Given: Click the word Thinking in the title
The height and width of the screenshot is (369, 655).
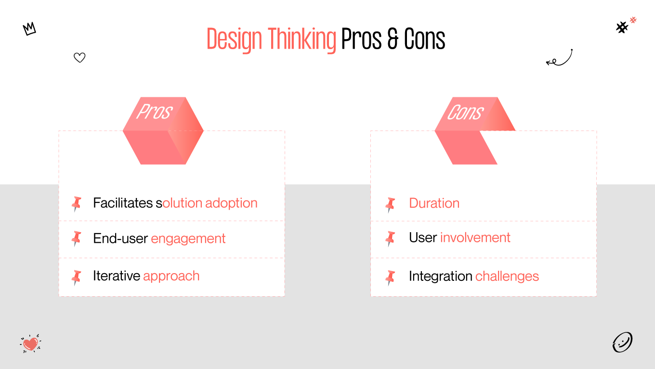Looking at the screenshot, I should coord(302,40).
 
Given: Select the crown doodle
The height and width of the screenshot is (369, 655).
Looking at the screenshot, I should coord(29,29).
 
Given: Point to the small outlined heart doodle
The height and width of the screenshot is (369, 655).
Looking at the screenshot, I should coord(79,58).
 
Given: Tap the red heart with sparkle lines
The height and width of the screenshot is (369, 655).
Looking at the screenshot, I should coord(31,343).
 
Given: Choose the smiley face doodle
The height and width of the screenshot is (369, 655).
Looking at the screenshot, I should coord(622,343).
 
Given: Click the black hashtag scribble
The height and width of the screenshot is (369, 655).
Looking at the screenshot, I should coord(622,27).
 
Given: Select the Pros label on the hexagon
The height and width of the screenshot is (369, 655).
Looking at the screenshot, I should coord(154,112).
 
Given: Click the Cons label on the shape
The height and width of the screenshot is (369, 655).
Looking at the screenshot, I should coord(465,113).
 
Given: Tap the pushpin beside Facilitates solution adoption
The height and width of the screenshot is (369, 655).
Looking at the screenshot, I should coord(76,204).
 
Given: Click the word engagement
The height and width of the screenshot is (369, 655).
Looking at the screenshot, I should coord(188,238).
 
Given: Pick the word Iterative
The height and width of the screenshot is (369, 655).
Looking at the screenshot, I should coord(117,276).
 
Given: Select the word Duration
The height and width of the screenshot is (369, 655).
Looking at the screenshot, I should coord(434,203).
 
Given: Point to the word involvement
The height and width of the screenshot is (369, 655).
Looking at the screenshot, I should coord(475,237).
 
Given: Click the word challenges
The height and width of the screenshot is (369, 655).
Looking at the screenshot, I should coord(507,276).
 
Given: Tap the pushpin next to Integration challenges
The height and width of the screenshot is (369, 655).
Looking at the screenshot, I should coord(390,277).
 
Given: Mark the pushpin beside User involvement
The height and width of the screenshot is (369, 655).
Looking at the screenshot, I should coord(390,238).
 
